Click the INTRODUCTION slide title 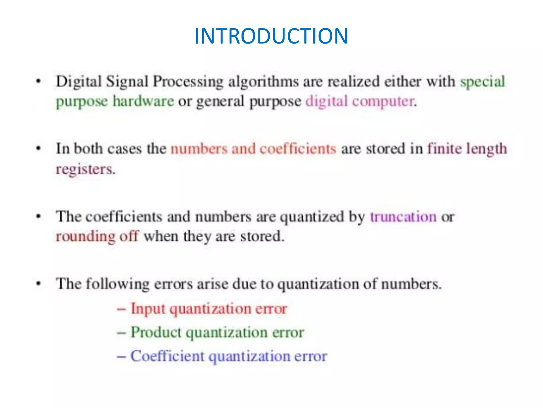271,36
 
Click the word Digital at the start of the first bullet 79,82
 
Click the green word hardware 143,101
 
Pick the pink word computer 384,101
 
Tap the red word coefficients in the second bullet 298,149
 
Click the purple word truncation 403,217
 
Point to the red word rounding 85,237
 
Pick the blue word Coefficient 167,356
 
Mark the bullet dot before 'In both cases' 39,149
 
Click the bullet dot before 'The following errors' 39,284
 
